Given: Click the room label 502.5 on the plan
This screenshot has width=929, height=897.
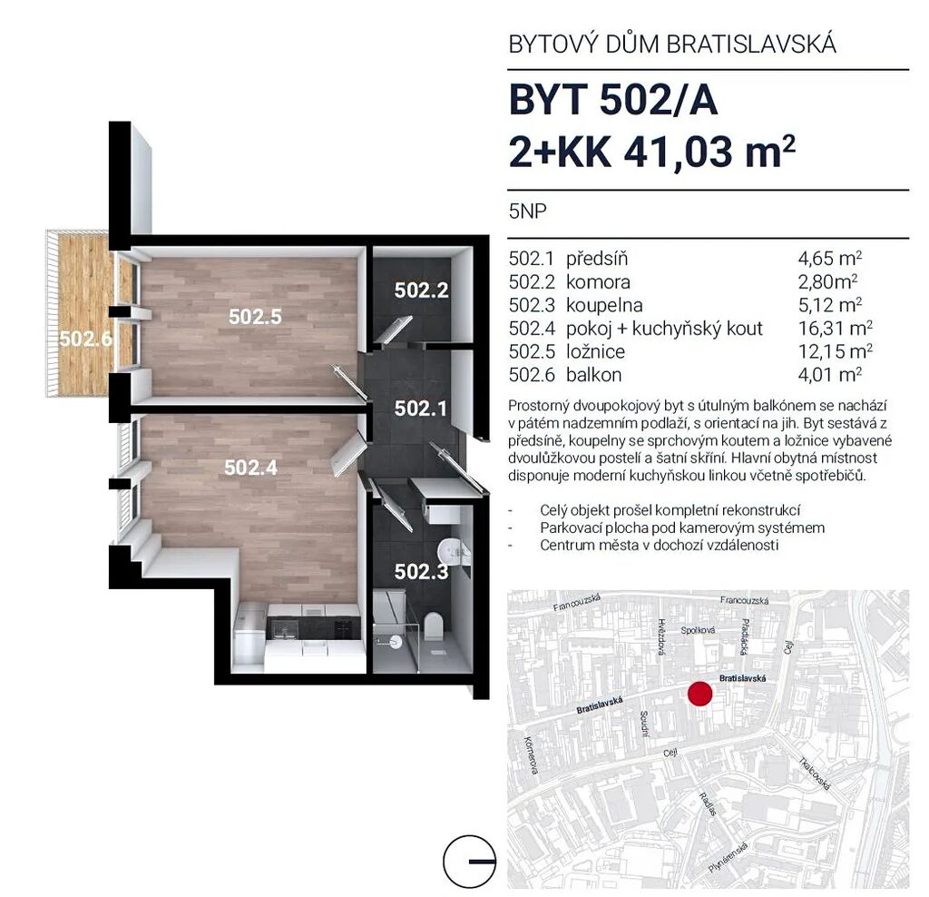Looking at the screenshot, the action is click(255, 316).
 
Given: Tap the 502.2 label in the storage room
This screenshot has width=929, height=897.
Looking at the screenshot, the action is click(421, 290).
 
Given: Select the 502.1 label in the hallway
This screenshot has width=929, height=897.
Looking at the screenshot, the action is click(421, 408).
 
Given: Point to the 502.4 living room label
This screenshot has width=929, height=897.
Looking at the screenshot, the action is click(250, 468).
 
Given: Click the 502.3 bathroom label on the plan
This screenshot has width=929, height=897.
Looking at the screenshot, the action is click(421, 571).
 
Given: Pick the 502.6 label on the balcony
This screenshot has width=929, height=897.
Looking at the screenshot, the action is click(86, 339).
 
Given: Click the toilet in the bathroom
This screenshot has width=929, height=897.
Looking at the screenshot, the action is click(434, 626).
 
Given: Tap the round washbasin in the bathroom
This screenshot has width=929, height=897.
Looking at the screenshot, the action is click(455, 551).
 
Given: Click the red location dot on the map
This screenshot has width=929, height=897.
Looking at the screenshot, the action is click(699, 693).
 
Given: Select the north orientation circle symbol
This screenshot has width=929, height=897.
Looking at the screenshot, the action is click(469, 862).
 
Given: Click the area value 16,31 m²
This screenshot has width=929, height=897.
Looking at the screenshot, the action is click(835, 329).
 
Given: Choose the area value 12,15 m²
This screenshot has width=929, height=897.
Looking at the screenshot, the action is click(835, 351).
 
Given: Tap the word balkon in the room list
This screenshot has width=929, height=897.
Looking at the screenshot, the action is click(593, 375).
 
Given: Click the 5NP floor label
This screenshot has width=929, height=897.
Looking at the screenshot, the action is click(527, 211).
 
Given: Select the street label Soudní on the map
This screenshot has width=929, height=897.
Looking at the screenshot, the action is click(645, 724).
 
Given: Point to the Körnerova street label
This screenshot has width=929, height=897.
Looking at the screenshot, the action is click(531, 754).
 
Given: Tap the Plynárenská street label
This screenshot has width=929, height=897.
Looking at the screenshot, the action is click(729, 857).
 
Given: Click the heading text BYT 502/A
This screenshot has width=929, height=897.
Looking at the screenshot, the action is click(613, 100).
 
